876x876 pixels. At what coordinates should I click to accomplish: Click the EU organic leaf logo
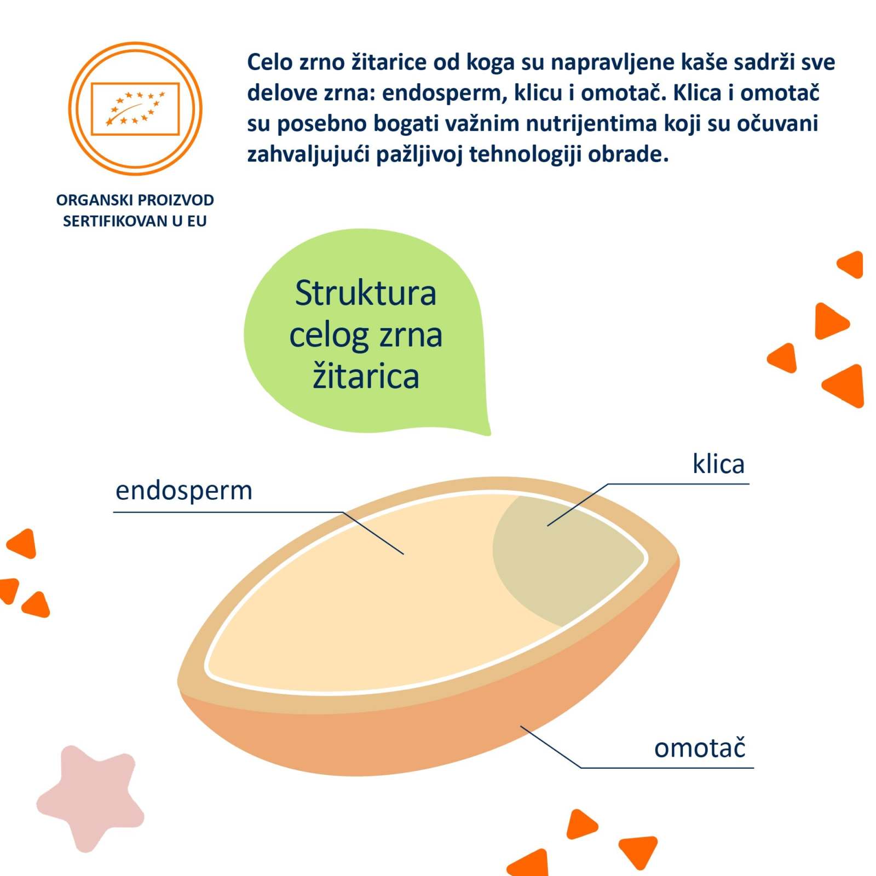point(135,108)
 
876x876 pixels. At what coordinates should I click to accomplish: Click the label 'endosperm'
point(184,491)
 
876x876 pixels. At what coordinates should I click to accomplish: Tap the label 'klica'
point(718,464)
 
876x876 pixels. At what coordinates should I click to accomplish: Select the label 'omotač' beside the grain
point(700,748)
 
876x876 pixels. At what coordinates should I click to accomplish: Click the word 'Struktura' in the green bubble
point(366,293)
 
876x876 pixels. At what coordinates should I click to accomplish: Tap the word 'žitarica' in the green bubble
point(366,377)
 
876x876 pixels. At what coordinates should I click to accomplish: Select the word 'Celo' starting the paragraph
point(270,62)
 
